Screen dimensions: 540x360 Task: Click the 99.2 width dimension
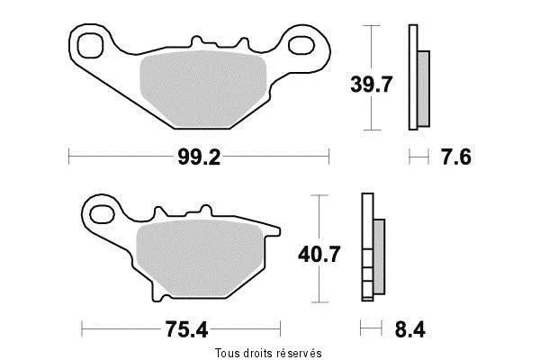pos(199,157)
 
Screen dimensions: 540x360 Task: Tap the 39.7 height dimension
pos(371,85)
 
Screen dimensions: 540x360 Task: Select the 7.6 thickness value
pos(456,157)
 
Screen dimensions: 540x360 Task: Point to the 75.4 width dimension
pos(186,329)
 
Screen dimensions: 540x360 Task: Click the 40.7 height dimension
pos(319,254)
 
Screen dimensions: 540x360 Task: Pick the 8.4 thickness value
pos(409,329)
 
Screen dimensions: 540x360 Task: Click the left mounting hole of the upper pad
pos(90,46)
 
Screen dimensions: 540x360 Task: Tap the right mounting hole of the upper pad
pos(301,46)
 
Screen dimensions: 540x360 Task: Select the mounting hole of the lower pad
pos(102,214)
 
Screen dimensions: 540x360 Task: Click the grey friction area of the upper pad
pos(203,89)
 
